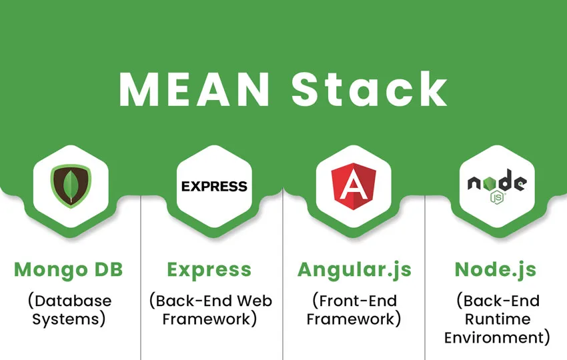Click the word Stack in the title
(369, 87)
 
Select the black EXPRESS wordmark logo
(214, 186)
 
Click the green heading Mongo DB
(69, 270)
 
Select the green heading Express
(209, 270)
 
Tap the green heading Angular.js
(354, 270)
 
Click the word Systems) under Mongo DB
(69, 319)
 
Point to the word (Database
(69, 301)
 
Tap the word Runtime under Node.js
(497, 319)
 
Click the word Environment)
(497, 337)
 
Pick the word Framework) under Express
(210, 319)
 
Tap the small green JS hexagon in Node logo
(496, 197)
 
